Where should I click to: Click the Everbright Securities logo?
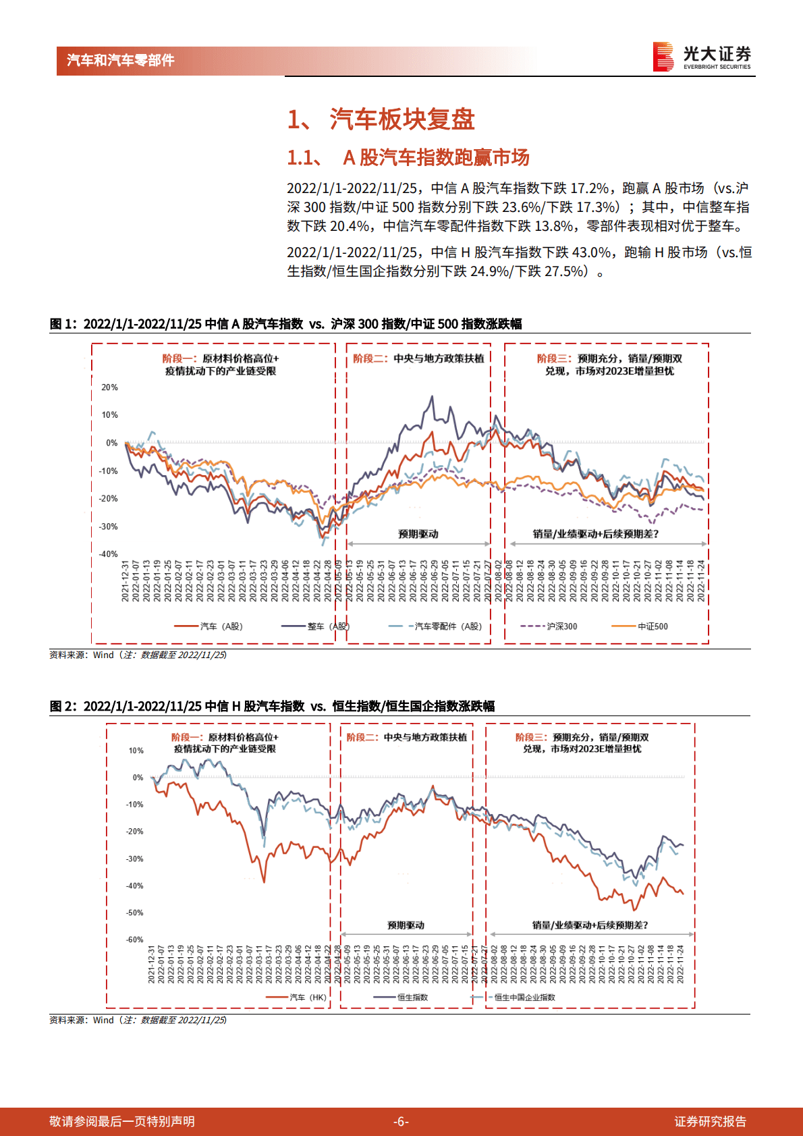(x=702, y=57)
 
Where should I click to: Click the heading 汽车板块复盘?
(x=402, y=119)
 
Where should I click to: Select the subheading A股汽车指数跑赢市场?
(x=436, y=157)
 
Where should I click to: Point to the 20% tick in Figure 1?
(x=109, y=387)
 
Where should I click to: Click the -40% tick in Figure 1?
(x=108, y=554)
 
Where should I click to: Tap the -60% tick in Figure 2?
(x=134, y=940)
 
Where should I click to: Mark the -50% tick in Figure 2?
(x=134, y=913)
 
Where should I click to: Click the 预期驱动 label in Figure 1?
(x=418, y=534)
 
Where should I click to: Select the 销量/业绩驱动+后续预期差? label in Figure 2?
(x=590, y=925)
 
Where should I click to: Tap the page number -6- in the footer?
(x=401, y=1121)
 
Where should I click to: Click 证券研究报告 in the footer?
(x=710, y=1121)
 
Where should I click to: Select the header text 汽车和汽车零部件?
(x=121, y=60)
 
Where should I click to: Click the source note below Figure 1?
(x=138, y=655)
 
